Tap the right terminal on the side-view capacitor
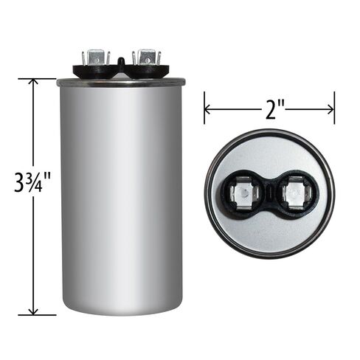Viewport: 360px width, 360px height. (x=145, y=58)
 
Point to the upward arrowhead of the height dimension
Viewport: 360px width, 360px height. (x=32, y=83)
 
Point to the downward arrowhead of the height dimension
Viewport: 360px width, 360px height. (x=32, y=310)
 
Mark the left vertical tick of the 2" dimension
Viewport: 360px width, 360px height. (x=204, y=108)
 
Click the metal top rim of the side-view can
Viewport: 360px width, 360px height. (x=121, y=83)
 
